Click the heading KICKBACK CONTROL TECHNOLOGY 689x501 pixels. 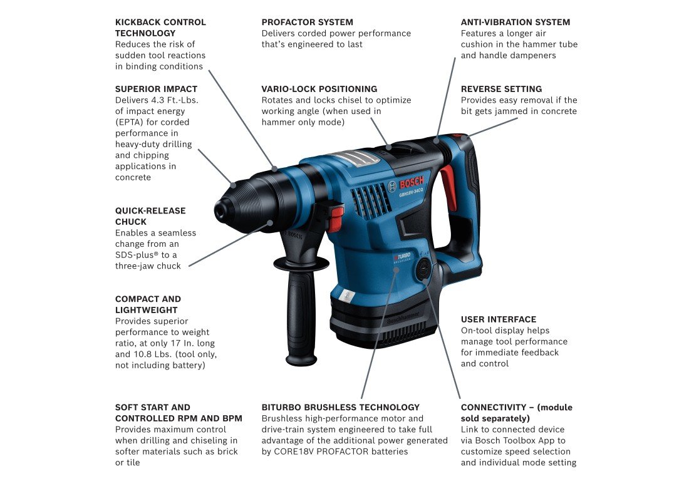(160, 28)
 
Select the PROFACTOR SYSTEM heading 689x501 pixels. (307, 22)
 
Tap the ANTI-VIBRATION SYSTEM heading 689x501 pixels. (515, 22)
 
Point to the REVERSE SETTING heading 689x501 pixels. (501, 89)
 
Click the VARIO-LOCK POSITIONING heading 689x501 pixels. (319, 89)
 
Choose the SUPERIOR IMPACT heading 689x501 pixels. (156, 89)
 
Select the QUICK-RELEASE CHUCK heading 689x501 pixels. (150, 216)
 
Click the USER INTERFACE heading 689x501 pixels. (499, 319)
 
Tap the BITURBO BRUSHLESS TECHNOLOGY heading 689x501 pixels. (341, 408)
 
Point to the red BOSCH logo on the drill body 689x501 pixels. (412, 182)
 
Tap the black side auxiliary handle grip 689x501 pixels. (301, 316)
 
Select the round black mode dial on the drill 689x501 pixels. (423, 268)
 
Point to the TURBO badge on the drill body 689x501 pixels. (402, 257)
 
